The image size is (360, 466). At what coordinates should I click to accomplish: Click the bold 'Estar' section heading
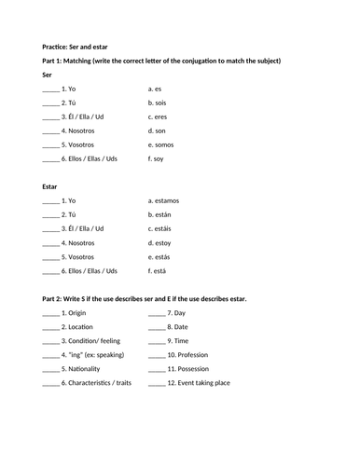click(x=51, y=186)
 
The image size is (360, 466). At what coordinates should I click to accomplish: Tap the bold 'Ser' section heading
click(x=48, y=74)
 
